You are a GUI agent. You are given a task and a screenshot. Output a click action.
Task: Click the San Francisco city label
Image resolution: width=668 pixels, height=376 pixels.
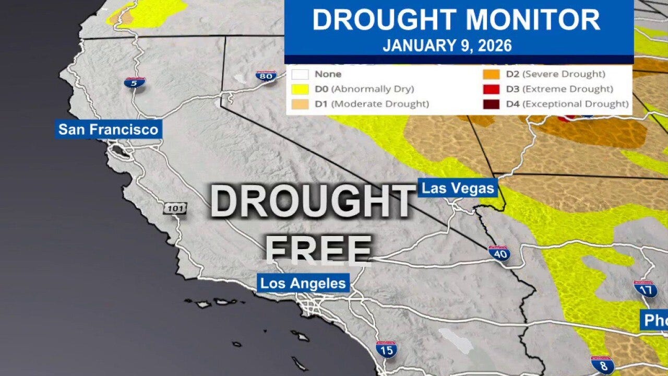click(x=109, y=130)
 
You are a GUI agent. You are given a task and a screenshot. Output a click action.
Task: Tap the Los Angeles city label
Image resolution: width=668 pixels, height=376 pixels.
click(x=303, y=284)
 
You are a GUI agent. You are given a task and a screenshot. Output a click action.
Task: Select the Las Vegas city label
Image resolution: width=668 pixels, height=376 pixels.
click(x=458, y=188)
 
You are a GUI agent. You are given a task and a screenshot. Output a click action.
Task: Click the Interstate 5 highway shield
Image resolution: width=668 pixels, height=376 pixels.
click(x=135, y=83)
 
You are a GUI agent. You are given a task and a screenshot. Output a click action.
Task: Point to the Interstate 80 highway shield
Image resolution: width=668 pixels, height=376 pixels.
click(x=266, y=76)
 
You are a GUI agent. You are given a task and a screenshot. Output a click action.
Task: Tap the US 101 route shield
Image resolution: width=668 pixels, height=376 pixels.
click(x=175, y=208)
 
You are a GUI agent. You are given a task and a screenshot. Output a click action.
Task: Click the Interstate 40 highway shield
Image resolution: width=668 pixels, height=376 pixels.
click(x=499, y=254)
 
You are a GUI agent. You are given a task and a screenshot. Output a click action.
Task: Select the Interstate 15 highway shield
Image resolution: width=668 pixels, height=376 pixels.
click(x=386, y=349)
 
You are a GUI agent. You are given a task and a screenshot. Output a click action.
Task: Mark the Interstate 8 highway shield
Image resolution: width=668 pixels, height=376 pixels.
click(x=602, y=365)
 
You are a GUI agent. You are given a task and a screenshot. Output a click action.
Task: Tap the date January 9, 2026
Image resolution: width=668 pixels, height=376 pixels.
click(x=447, y=45)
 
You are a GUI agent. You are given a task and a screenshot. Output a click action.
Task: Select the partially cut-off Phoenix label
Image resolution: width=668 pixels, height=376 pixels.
click(x=655, y=320)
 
